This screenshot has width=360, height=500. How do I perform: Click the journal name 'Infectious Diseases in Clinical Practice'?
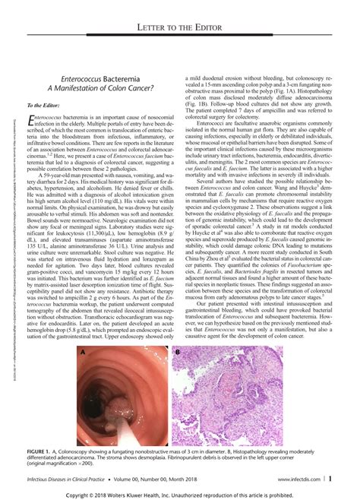tap(71, 478)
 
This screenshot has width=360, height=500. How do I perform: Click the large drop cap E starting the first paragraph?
tap(31, 122)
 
